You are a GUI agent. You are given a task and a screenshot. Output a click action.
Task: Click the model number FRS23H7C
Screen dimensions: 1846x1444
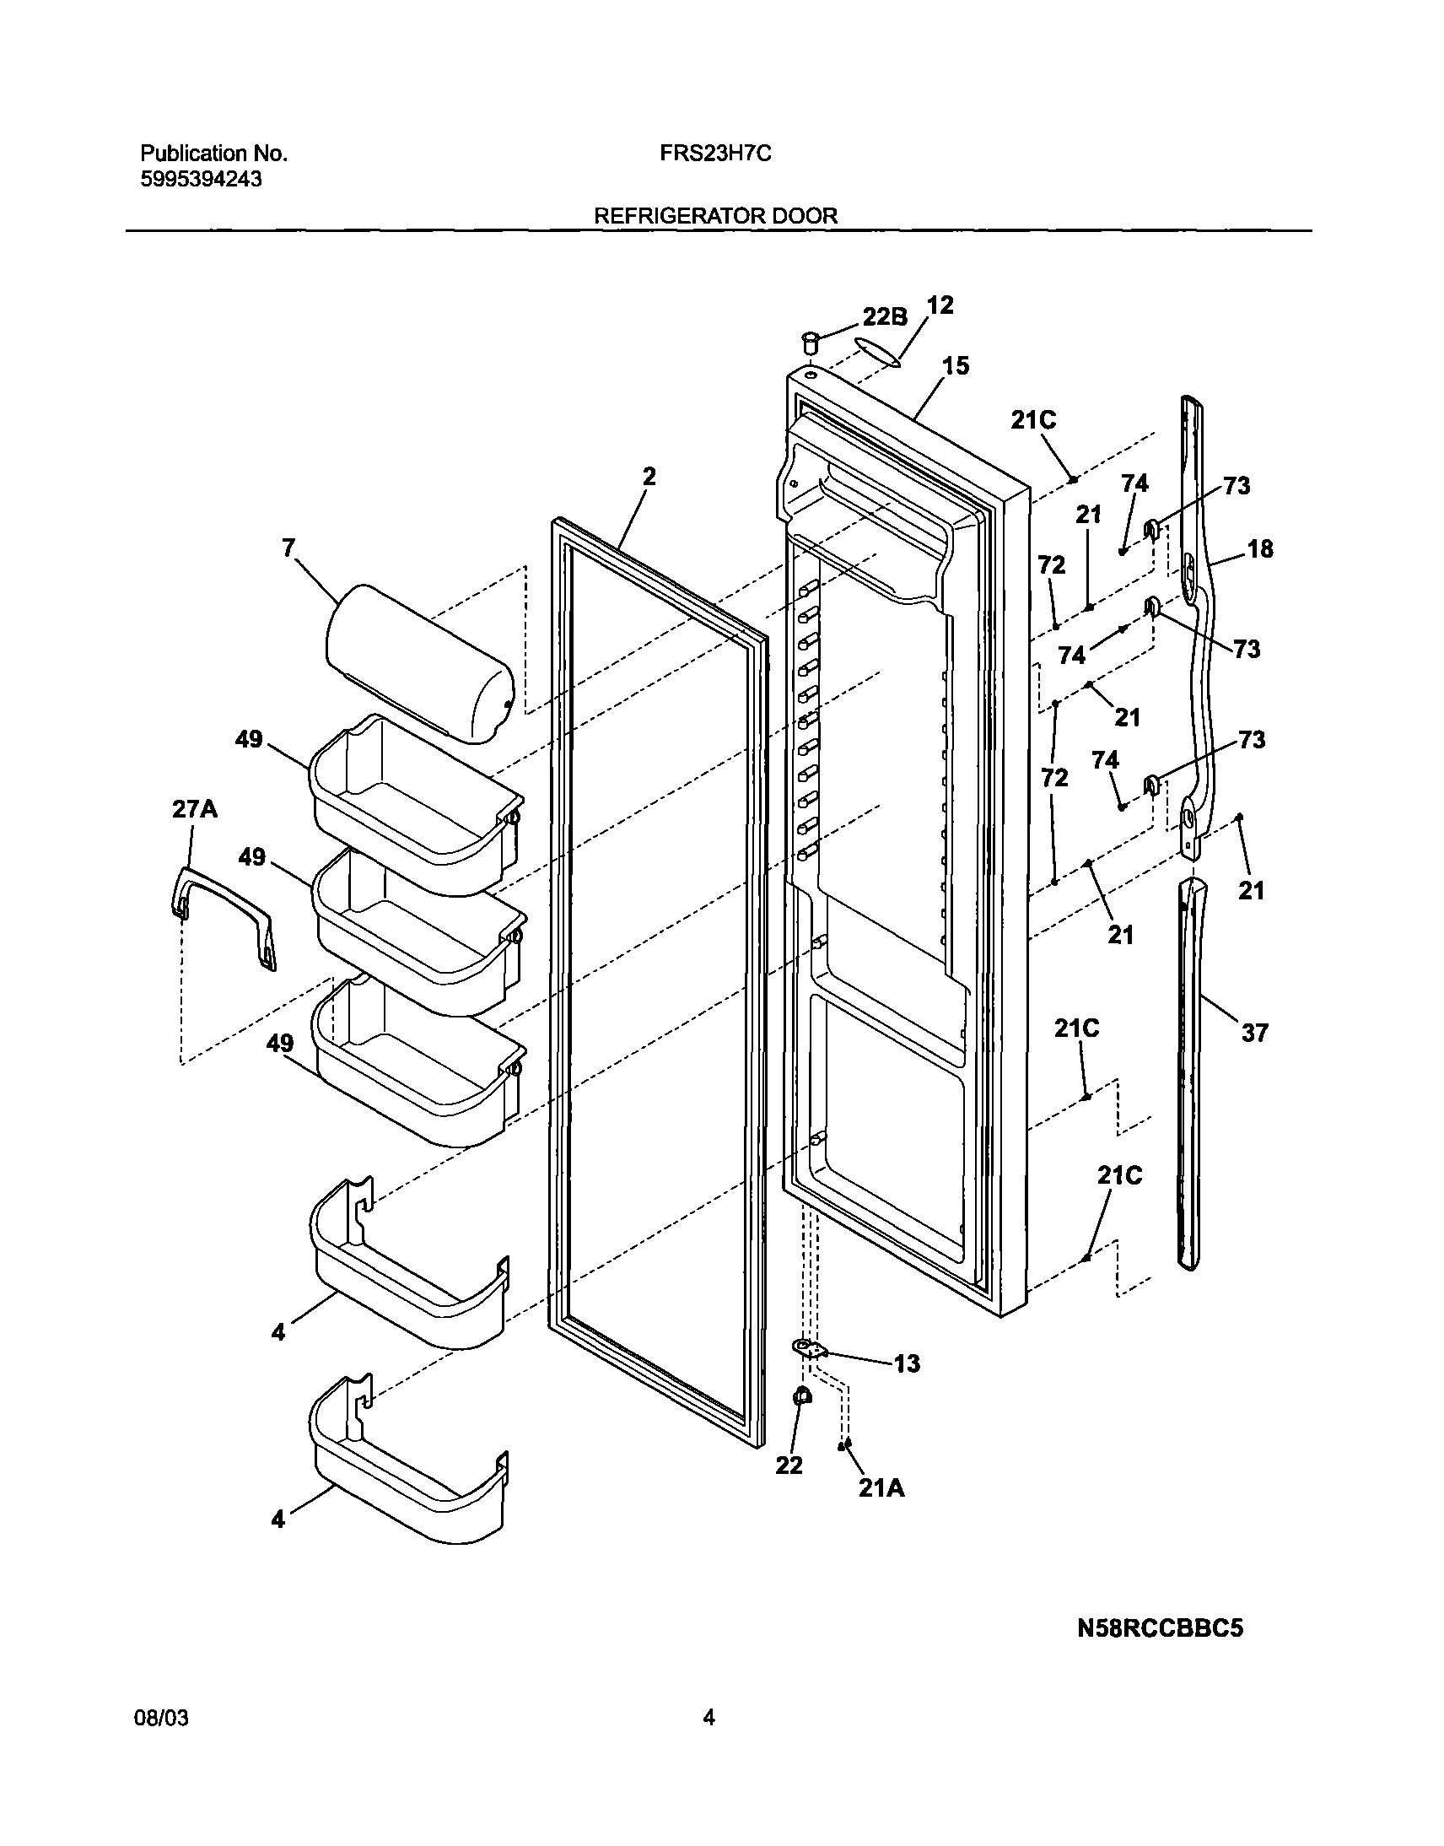click(x=715, y=154)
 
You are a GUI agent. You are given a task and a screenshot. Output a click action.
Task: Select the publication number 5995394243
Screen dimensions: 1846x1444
click(x=201, y=179)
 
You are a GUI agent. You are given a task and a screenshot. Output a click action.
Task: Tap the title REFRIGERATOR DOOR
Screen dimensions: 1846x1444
click(x=715, y=216)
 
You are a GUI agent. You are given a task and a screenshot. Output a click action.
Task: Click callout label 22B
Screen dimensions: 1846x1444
click(x=884, y=316)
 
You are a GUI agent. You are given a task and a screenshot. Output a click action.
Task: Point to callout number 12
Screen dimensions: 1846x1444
click(x=940, y=305)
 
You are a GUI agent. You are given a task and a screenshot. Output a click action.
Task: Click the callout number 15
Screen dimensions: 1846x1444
click(x=956, y=366)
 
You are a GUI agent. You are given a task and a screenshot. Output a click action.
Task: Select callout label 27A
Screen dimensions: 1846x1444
click(x=195, y=809)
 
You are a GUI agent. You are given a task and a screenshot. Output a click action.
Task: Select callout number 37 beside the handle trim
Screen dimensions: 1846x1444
click(x=1254, y=1033)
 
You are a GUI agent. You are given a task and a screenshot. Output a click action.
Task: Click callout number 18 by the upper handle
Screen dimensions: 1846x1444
click(x=1259, y=548)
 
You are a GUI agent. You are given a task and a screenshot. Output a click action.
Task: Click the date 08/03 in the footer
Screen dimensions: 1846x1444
click(x=161, y=1718)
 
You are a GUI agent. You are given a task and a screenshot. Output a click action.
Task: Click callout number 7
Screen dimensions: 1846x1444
click(x=288, y=548)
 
